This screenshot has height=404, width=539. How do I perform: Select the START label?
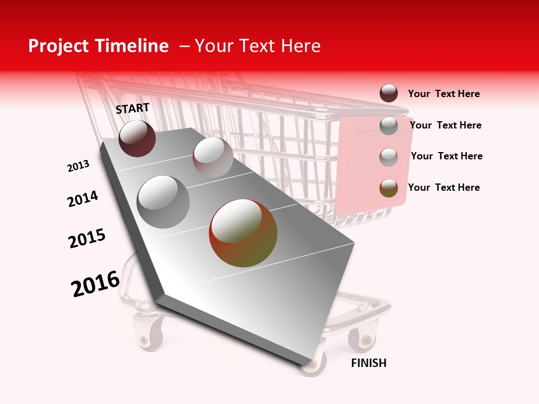point(133,108)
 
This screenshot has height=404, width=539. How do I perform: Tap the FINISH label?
point(368,363)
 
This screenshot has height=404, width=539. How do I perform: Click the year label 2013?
point(78,166)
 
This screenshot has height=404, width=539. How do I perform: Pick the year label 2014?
point(83,199)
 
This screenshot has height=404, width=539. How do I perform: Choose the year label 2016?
point(95,283)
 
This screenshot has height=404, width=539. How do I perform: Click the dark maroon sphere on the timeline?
point(137,138)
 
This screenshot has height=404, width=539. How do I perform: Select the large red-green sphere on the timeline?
point(243,233)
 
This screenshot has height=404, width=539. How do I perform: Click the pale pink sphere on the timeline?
point(212,157)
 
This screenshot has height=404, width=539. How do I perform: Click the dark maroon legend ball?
point(389,93)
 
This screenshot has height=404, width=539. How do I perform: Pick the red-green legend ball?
point(389,188)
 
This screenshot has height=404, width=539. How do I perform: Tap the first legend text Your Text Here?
point(444,94)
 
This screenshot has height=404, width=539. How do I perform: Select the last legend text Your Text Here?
point(444,187)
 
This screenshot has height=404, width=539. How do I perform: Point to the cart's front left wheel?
point(149,336)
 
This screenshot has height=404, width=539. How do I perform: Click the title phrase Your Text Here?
point(258,46)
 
